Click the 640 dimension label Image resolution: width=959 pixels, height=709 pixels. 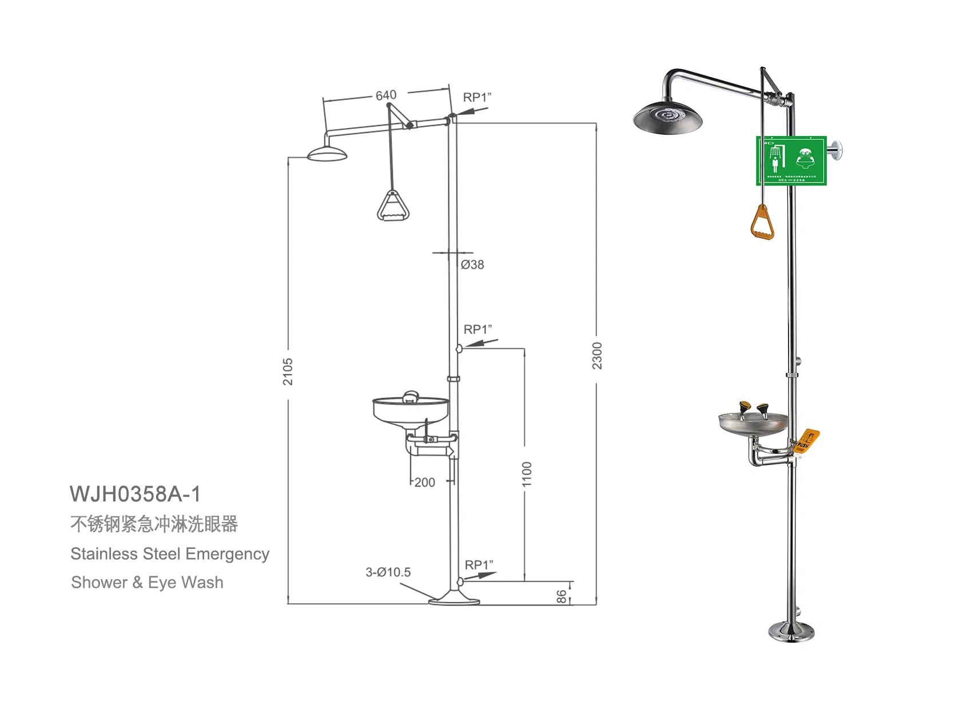pos(386,95)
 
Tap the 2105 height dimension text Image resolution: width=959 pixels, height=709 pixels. pos(288,371)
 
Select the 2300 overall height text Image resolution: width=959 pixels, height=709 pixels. pos(597,356)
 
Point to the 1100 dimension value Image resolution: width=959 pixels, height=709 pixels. pos(527,474)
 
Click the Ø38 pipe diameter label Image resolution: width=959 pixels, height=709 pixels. pos(472,265)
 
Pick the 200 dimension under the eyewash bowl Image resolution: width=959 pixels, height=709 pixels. pos(424,483)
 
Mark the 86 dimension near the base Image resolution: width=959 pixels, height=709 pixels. pos(562,596)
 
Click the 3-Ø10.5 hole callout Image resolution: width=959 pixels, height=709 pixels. pos(388,572)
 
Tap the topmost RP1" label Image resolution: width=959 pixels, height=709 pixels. pos(477,97)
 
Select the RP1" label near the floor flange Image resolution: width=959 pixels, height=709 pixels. pos(479,565)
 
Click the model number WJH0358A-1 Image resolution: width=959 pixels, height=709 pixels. pos(135,494)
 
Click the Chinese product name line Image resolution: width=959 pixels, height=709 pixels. pos(154,524)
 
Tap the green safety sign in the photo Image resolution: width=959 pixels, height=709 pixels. pos(791,161)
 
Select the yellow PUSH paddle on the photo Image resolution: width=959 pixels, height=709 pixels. pos(806,441)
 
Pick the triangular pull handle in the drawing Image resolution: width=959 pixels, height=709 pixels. pos(393,206)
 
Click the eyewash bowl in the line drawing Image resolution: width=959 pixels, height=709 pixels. pos(410,411)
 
